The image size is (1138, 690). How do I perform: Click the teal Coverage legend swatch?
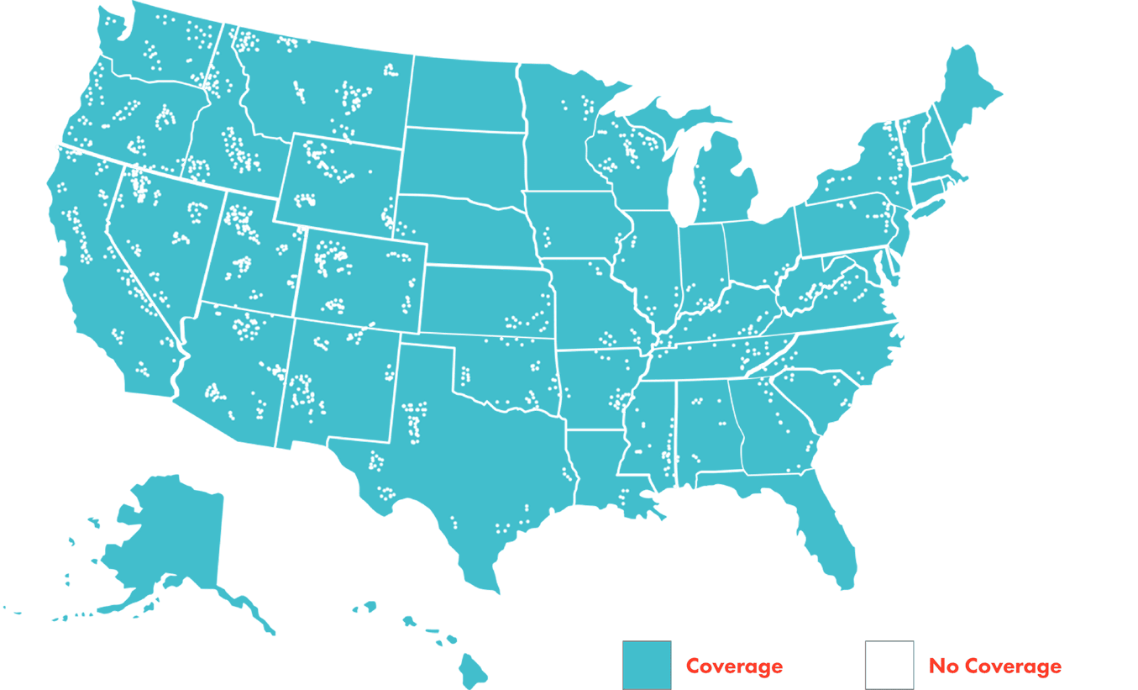[646, 665]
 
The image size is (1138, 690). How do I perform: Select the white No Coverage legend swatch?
[889, 665]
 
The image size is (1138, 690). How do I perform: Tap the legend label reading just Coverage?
[734, 666]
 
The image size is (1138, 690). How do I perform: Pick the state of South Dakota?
[462, 164]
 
